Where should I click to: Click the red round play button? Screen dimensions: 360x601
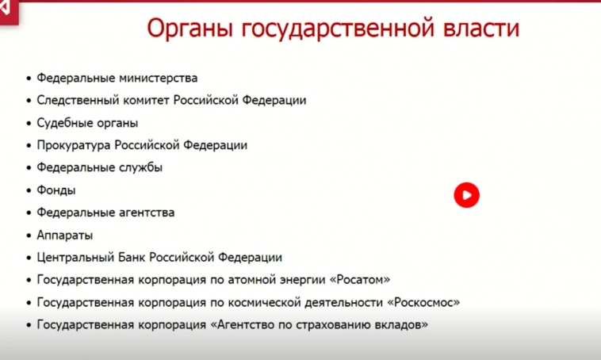point(466,195)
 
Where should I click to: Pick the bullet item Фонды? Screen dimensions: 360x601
point(56,190)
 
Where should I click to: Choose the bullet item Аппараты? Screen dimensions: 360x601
point(64,236)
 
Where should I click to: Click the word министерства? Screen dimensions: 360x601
point(158,78)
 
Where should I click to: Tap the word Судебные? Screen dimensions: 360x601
point(62,123)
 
